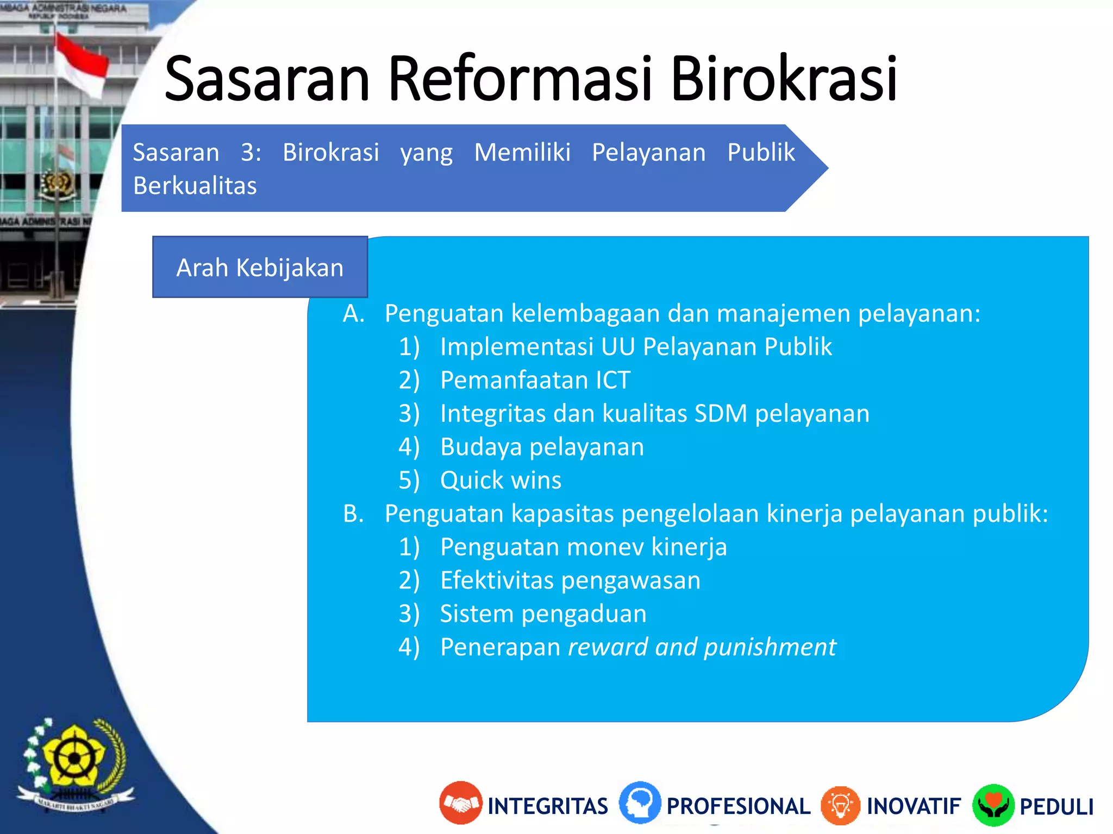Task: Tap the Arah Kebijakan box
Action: coord(260,267)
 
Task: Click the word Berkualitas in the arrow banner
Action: coord(195,186)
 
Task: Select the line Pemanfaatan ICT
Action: coord(535,380)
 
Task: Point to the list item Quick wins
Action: coord(500,480)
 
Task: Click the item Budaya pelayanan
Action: coord(542,447)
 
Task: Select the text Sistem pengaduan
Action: coord(543,614)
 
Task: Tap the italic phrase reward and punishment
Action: coord(702,647)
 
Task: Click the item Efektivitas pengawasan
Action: coord(570,580)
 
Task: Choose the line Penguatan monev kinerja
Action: coord(583,547)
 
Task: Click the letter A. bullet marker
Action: coord(353,313)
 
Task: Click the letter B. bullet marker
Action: coord(353,513)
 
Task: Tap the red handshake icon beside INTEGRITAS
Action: coord(460,803)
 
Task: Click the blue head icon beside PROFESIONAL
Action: coord(640,803)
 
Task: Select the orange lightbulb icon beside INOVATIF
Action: coord(840,805)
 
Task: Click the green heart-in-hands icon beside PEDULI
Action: coord(993,805)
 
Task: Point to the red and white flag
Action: coord(82,65)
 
